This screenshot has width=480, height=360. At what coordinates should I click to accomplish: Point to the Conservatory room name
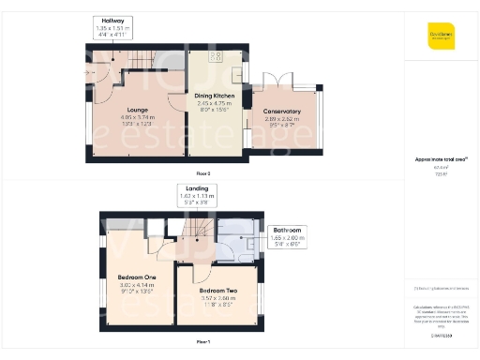point(282,111)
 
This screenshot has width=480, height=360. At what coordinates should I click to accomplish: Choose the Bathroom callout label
point(287,230)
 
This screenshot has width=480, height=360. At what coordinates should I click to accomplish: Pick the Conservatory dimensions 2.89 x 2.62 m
point(282,119)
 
